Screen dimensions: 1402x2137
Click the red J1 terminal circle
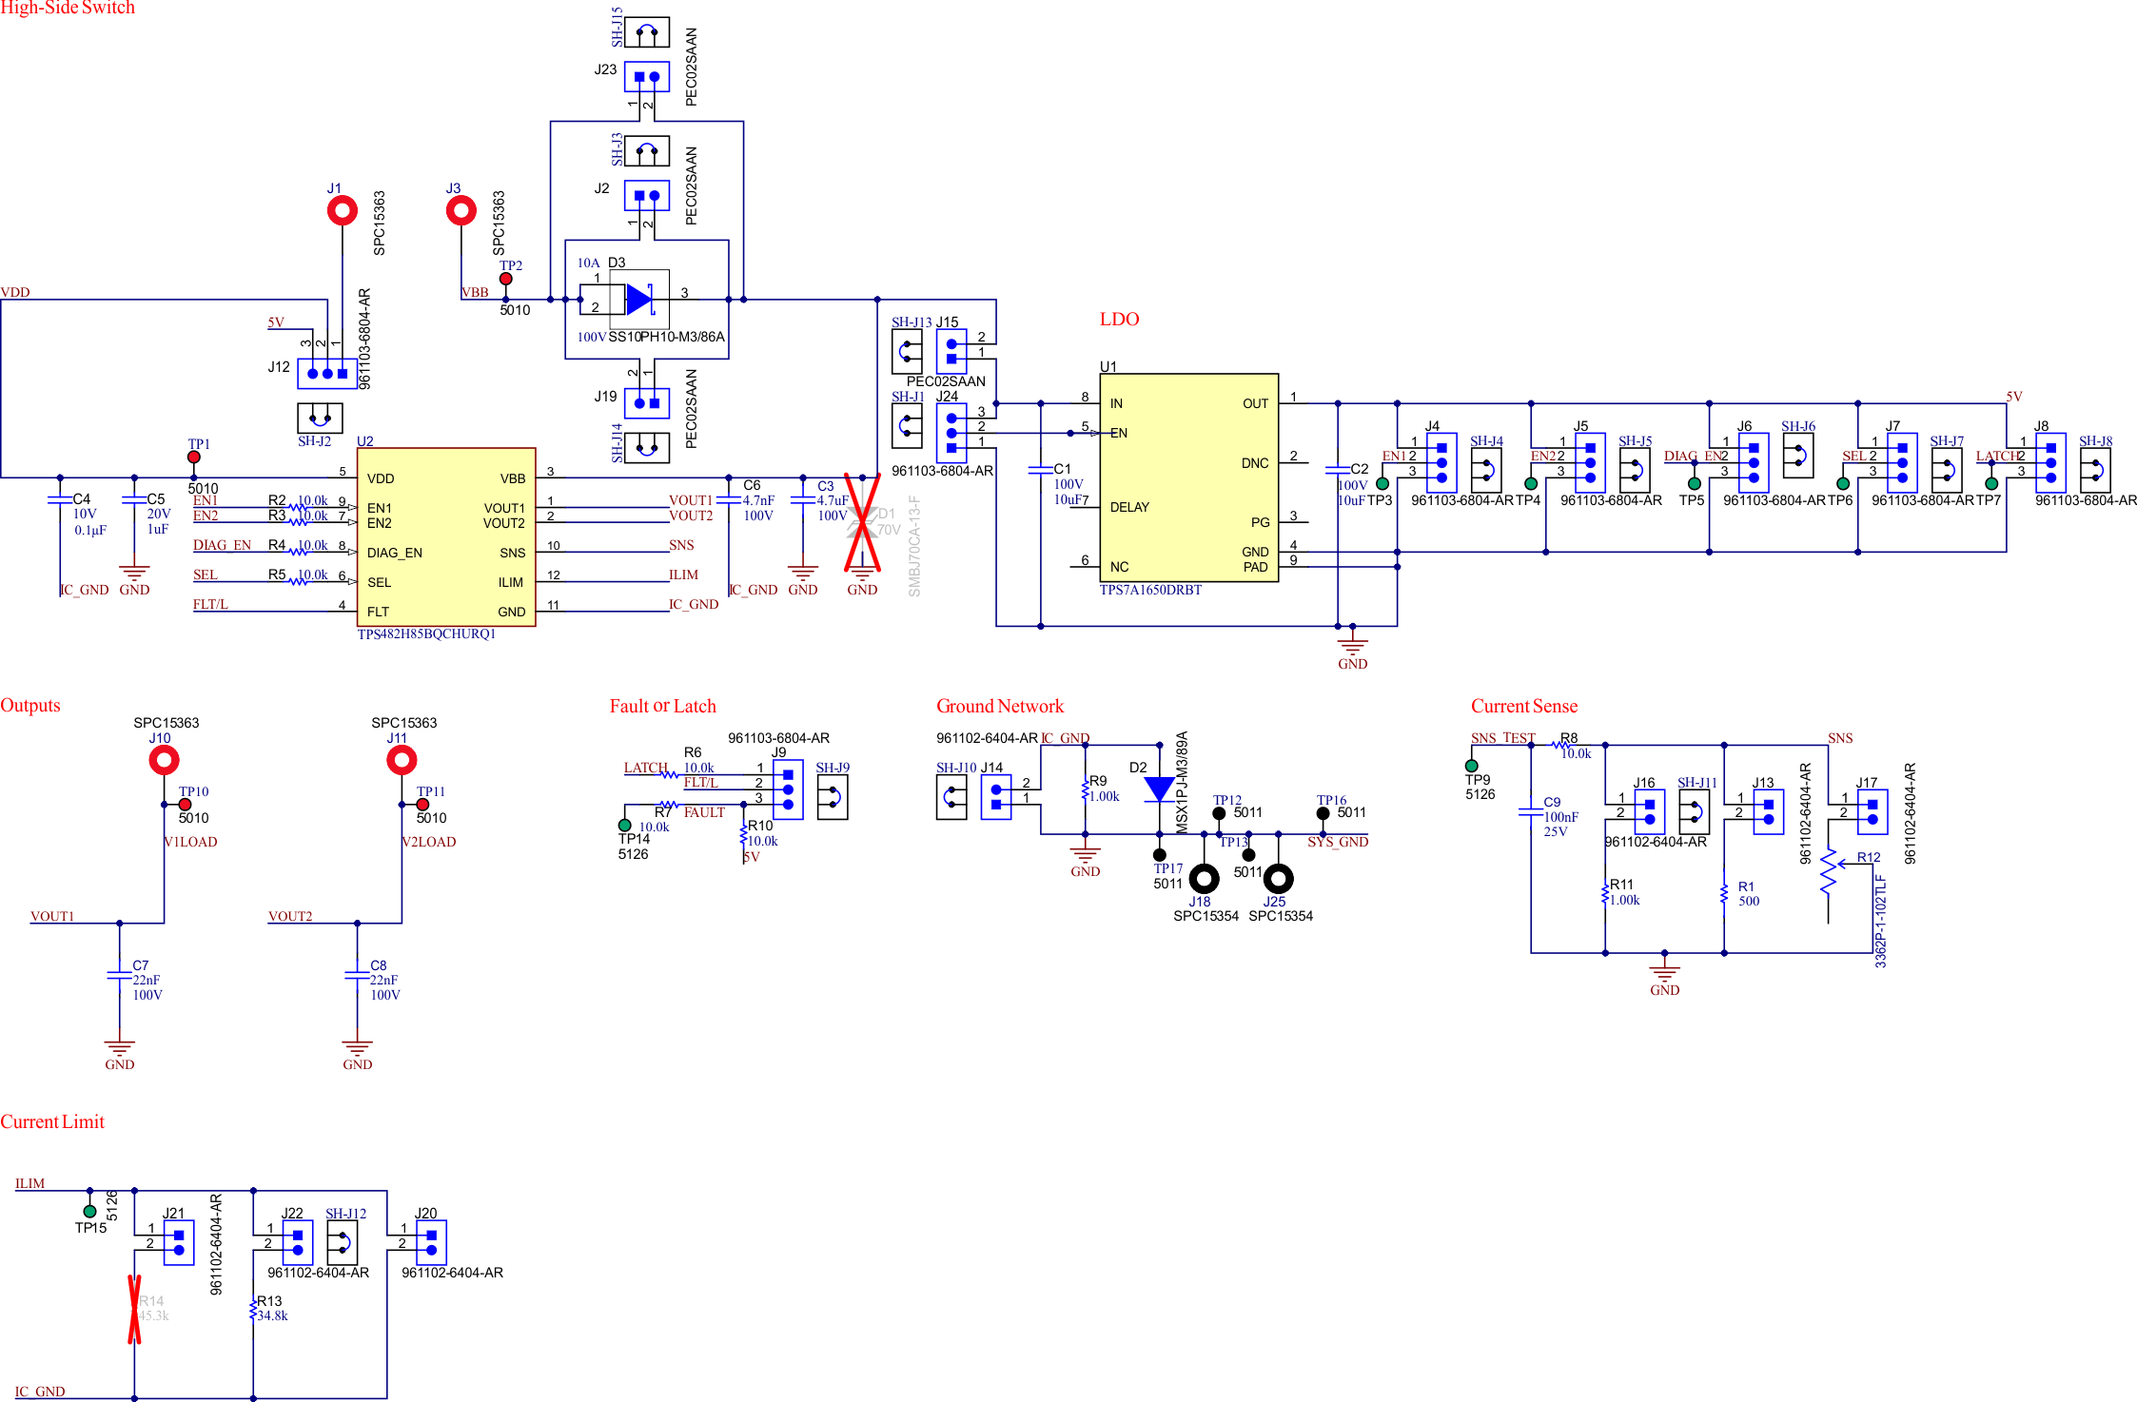343,210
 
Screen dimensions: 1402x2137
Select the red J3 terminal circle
461,210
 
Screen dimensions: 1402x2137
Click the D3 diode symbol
638,300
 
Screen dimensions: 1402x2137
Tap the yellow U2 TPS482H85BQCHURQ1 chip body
445,536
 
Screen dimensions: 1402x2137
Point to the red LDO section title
1119,320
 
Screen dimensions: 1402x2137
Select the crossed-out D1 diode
862,522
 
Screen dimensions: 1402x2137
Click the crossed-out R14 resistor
134,1309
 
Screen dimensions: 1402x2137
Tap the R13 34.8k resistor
253,1310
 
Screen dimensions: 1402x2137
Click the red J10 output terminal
164,760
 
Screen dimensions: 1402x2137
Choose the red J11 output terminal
402,760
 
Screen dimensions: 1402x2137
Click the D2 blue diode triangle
1159,789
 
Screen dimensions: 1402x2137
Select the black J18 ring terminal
1204,879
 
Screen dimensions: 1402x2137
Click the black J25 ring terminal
1278,879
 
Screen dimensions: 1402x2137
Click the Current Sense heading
1523,706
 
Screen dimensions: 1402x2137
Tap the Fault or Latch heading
662,706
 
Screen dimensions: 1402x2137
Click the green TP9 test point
1472,766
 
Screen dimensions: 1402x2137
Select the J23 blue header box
646,77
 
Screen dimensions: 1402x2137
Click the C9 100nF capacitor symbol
1530,811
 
